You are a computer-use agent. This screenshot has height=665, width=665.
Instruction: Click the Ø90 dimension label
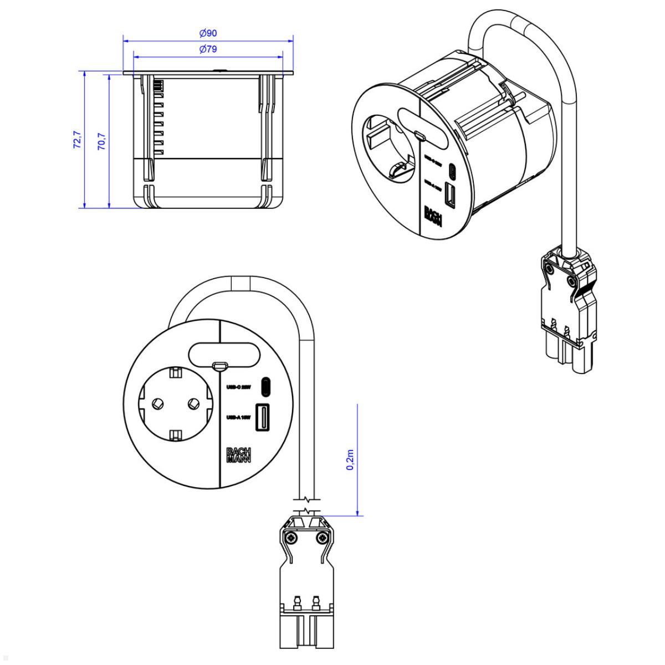click(x=208, y=33)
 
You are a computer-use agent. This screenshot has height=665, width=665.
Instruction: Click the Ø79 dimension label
click(x=208, y=49)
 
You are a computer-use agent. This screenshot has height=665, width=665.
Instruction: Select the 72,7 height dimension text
click(x=76, y=140)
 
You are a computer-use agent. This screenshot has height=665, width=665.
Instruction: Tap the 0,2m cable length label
click(x=350, y=459)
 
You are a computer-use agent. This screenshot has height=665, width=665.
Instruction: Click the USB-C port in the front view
click(x=266, y=387)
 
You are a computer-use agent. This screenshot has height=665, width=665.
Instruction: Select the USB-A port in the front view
click(x=262, y=418)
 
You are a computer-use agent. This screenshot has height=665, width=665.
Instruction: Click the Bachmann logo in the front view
click(x=238, y=454)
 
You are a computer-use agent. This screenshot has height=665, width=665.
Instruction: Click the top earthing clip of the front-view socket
click(x=175, y=372)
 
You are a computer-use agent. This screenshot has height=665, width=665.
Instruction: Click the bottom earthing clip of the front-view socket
click(x=175, y=434)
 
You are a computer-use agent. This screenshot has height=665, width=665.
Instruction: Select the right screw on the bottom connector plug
click(x=321, y=538)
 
